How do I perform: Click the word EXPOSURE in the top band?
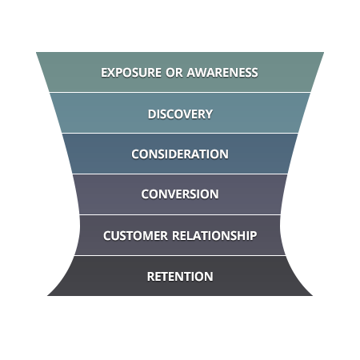pyautogui.click(x=130, y=73)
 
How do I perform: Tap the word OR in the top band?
pyautogui.click(x=174, y=73)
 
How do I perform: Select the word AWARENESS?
pyautogui.click(x=222, y=73)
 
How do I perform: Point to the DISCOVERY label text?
pyautogui.click(x=180, y=114)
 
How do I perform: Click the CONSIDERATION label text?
pyautogui.click(x=180, y=154)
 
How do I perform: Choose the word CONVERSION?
pyautogui.click(x=180, y=194)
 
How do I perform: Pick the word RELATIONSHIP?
pyautogui.click(x=214, y=236)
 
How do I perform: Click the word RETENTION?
pyautogui.click(x=180, y=277)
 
